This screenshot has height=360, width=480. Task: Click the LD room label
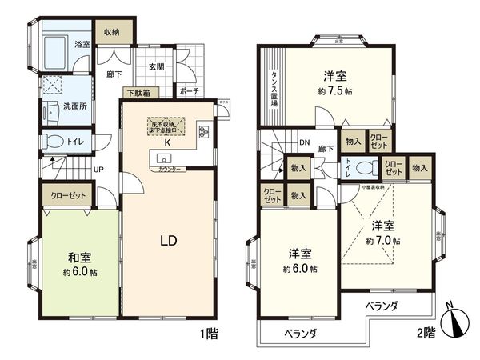tap(167, 240)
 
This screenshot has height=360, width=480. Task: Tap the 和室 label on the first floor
tap(78, 257)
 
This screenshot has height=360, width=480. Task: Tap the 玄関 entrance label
tap(156, 66)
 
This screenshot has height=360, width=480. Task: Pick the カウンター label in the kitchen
tap(168, 170)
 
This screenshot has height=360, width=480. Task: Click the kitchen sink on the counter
tap(164, 156)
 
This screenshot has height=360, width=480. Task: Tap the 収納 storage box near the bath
tap(111, 32)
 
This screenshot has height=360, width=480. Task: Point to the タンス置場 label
tap(274, 89)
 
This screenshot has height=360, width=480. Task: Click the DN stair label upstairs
tap(305, 144)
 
